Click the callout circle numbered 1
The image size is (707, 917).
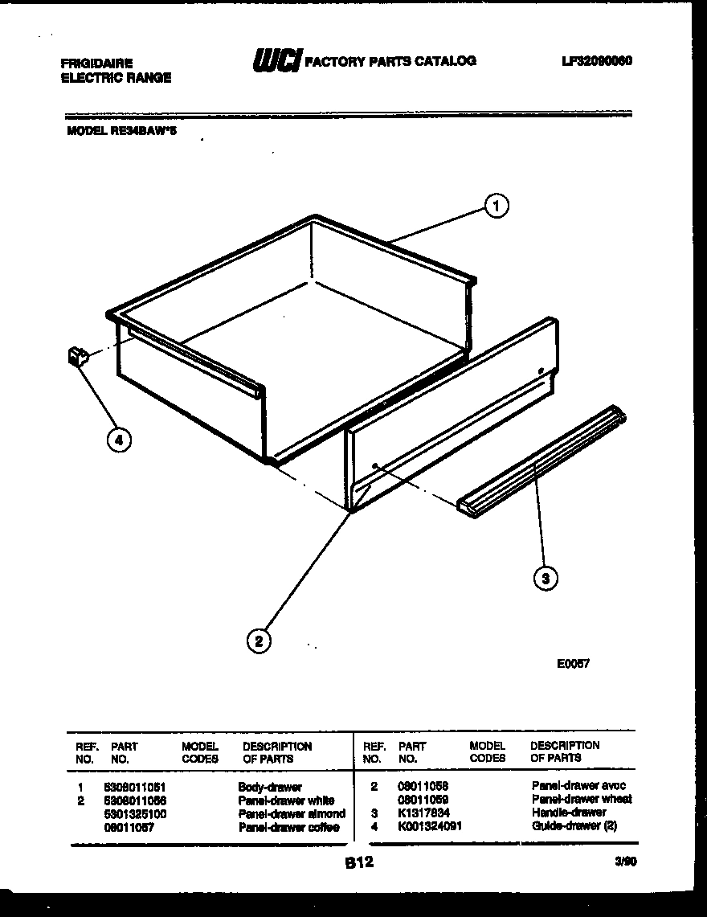click(497, 207)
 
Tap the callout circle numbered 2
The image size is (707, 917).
click(259, 640)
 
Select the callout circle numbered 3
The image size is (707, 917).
click(546, 577)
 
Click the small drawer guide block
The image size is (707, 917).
click(78, 355)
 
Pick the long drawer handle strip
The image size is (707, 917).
click(541, 461)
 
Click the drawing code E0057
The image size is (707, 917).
click(573, 664)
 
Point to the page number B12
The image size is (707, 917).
click(359, 863)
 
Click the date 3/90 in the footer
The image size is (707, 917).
click(624, 861)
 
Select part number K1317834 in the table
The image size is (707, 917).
click(424, 813)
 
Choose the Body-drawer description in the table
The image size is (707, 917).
click(270, 788)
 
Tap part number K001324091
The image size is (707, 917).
click(430, 825)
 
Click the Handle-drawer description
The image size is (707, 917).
click(569, 813)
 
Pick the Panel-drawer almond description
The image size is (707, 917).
click(292, 813)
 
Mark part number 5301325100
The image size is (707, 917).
click(136, 813)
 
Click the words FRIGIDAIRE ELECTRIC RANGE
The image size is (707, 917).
click(116, 70)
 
